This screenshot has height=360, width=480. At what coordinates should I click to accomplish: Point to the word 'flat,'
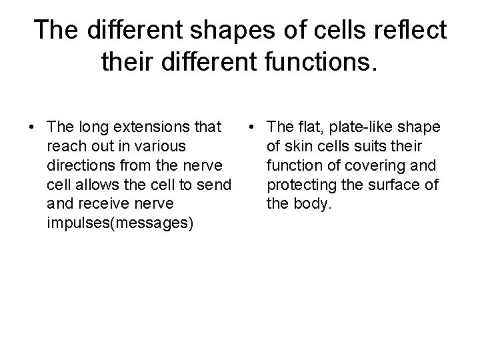coord(321,127)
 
